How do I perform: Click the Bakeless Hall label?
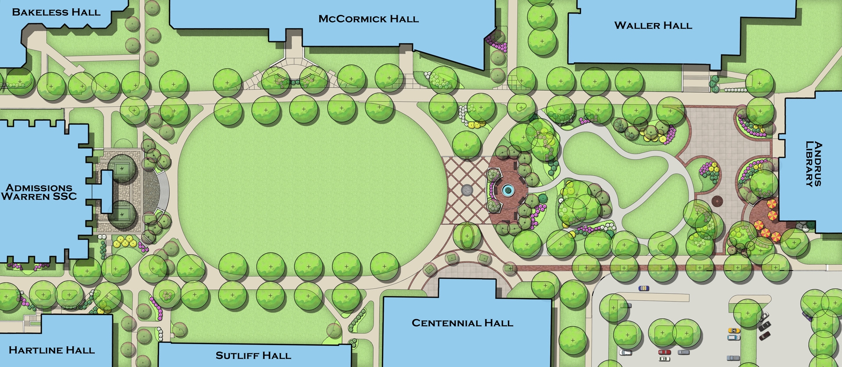(56, 12)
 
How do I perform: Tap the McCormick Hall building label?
(368, 19)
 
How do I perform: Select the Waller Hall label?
(653, 25)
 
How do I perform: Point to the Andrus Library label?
(813, 164)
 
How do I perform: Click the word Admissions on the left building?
(39, 188)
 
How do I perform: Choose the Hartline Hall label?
(52, 350)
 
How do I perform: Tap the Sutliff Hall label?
(253, 356)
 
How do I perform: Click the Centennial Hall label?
(462, 323)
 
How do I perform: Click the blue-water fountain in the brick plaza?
(508, 190)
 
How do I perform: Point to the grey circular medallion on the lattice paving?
(467, 190)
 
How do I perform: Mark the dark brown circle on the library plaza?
(717, 201)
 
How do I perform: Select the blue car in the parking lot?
(643, 288)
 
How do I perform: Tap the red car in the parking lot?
(664, 352)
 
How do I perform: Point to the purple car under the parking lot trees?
(807, 314)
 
